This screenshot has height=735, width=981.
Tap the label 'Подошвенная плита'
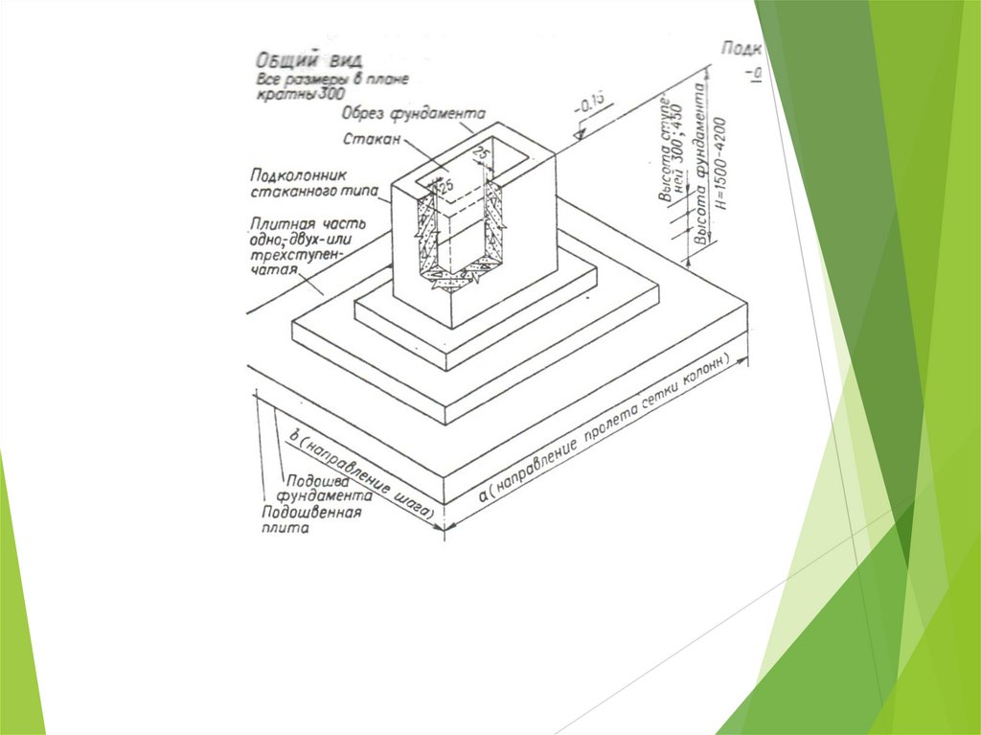tap(311, 520)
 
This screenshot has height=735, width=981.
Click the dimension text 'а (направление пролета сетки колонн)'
tap(613, 431)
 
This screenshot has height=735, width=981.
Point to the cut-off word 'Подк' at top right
tap(741, 49)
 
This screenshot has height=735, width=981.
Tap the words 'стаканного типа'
tap(310, 192)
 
